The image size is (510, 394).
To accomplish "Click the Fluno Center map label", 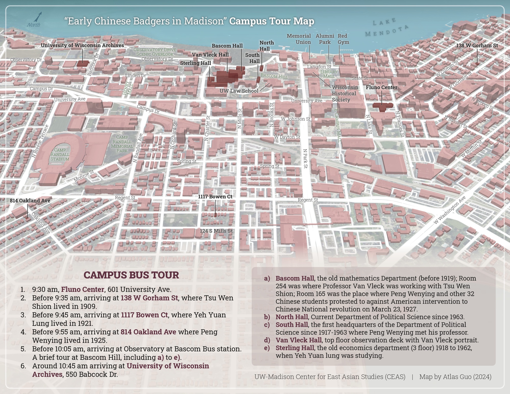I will coord(381,87).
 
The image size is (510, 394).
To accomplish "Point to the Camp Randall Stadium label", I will coord(60,154).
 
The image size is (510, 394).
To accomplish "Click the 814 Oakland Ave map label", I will coord(30,201).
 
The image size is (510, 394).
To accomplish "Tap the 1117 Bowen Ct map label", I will coord(215,197).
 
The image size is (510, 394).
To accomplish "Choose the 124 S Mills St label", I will coord(216,231).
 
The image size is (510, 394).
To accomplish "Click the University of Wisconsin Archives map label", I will coord(82,45).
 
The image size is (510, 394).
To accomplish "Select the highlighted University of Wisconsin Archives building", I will coord(83,63).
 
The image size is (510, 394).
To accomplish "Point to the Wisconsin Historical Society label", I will coord(345,94).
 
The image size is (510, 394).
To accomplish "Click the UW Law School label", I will coord(239,91).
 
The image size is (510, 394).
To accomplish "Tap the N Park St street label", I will coord(305,158).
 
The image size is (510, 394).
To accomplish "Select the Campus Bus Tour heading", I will coord(131,275).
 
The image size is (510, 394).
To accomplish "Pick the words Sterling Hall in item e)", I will coord(295,348).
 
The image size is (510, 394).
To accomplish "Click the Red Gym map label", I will coord(343,39).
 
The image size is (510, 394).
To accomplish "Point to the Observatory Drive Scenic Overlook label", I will coord(155,52).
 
